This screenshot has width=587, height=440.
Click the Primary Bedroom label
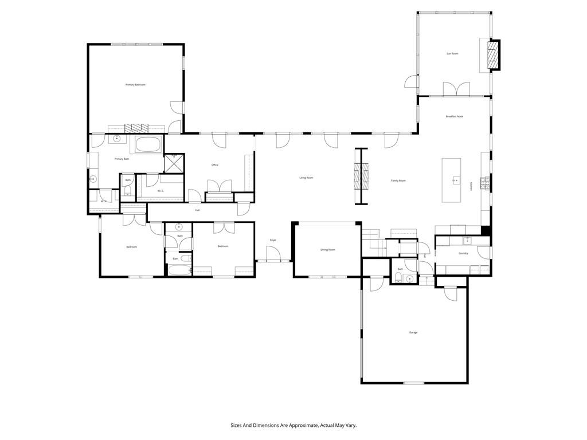(135, 85)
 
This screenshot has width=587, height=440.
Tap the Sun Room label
(453, 54)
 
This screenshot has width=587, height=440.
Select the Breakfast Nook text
(455, 116)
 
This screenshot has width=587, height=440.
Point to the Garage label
(413, 332)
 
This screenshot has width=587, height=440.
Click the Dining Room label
(327, 250)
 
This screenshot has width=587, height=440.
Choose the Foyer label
(273, 240)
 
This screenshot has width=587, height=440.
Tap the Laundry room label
(463, 253)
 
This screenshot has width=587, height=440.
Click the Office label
(215, 165)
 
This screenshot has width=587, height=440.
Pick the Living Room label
(306, 178)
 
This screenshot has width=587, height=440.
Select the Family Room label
(398, 181)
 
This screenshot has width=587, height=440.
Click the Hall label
(197, 210)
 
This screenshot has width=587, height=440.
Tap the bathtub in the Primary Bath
(148, 144)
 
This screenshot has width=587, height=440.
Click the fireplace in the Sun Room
(492, 55)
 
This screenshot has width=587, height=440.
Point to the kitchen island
(452, 180)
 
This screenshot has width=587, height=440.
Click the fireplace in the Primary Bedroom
(136, 128)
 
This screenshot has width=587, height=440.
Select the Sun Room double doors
(456, 89)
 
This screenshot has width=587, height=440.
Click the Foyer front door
(273, 254)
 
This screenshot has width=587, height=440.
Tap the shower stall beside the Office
(174, 163)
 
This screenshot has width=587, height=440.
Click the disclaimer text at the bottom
(293, 426)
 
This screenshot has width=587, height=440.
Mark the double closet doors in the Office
(219, 187)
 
